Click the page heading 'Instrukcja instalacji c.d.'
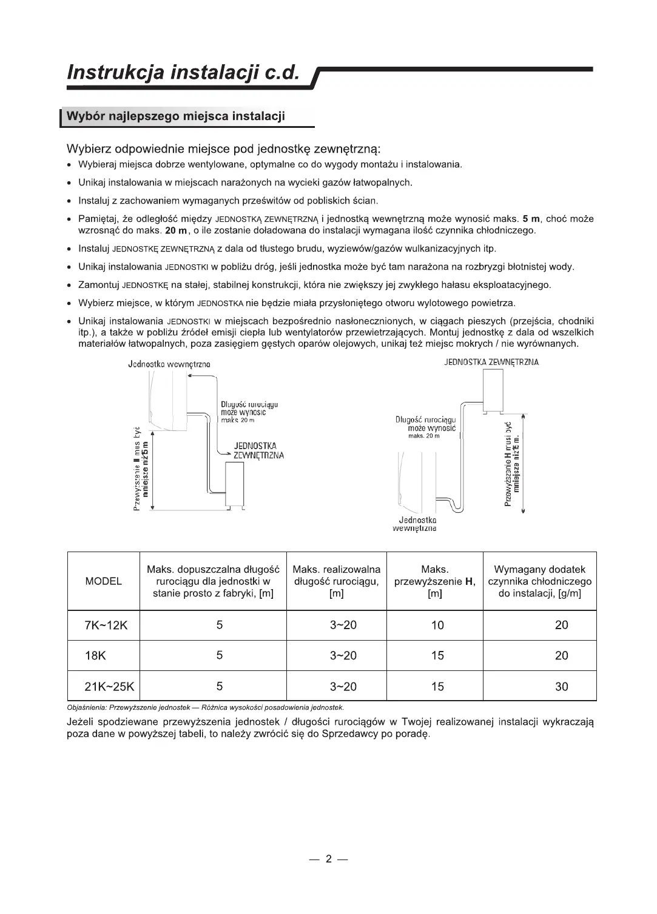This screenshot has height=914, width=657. [x=184, y=73]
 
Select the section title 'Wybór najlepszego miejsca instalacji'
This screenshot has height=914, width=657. [x=175, y=116]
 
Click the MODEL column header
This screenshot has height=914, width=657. [x=104, y=581]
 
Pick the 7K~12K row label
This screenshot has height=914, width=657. [x=106, y=625]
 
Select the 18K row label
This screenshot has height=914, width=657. [x=95, y=656]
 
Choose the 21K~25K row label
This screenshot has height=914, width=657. [x=109, y=687]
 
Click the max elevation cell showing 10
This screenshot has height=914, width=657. [x=437, y=625]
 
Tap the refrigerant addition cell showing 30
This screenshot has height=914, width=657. [x=562, y=687]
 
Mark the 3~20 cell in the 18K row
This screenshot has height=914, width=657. [x=343, y=656]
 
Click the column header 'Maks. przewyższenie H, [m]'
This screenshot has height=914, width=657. [x=435, y=581]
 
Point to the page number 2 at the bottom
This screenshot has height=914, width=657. [x=329, y=859]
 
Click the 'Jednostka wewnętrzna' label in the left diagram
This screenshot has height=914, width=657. [x=169, y=364]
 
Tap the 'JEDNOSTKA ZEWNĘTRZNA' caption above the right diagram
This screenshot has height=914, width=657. [x=491, y=362]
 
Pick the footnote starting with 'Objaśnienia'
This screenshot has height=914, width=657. [x=206, y=707]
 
